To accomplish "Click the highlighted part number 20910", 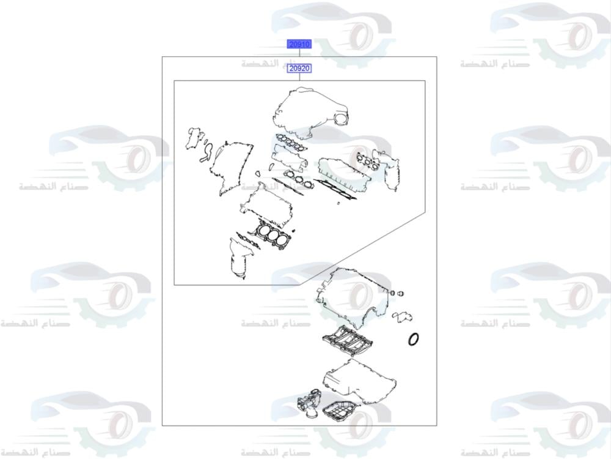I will click(x=299, y=44).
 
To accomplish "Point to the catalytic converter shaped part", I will click(x=237, y=260).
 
